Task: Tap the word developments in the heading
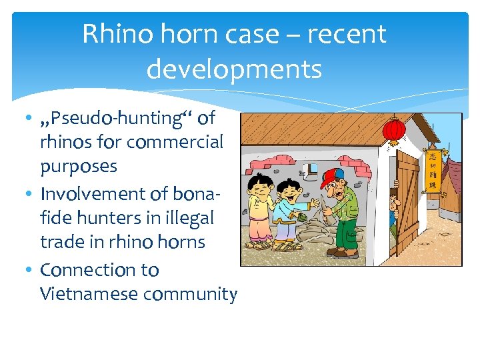(234, 68)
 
